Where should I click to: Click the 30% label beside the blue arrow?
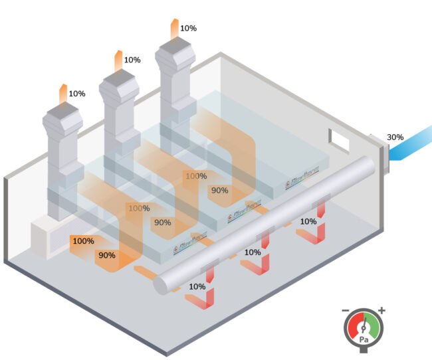pyautogui.click(x=395, y=137)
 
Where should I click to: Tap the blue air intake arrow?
pyautogui.click(x=408, y=150)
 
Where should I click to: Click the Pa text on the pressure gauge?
pyautogui.click(x=364, y=339)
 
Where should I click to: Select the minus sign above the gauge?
pyautogui.click(x=345, y=310)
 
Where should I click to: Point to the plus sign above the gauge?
pyautogui.click(x=381, y=310)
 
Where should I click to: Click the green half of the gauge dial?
pyautogui.click(x=373, y=326)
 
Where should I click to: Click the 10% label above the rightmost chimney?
pyautogui.click(x=188, y=29)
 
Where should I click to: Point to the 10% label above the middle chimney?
pyautogui.click(x=132, y=60)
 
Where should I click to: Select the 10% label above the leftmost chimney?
pyautogui.click(x=77, y=94)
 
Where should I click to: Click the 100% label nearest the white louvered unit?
pyautogui.click(x=83, y=241)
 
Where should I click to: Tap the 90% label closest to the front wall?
pyautogui.click(x=107, y=255)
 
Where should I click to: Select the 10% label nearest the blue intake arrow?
pyautogui.click(x=308, y=222)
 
